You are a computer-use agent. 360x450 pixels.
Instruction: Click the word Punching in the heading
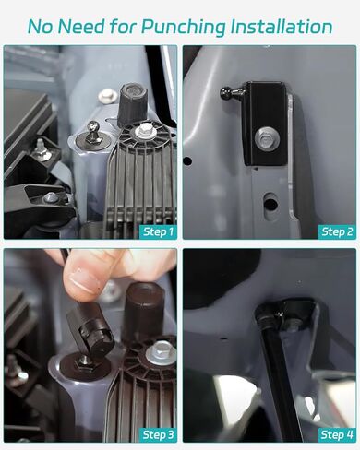coord(184,28)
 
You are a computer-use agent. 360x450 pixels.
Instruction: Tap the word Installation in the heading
coord(282,27)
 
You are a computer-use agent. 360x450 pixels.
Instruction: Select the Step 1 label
coord(159,231)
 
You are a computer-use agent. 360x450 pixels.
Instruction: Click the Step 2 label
coord(337,231)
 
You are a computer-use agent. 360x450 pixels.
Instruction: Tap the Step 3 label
coord(159,435)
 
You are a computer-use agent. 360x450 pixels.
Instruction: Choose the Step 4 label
coord(337,435)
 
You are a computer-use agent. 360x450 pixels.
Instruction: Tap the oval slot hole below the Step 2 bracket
coord(270,201)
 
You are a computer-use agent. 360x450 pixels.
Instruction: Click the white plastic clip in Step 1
coord(107,95)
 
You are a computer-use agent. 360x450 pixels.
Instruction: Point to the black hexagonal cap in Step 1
coord(132,104)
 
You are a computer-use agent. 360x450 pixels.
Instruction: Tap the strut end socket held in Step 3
coord(90,330)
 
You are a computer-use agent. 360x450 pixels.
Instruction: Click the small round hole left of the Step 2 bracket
coord(187,160)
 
